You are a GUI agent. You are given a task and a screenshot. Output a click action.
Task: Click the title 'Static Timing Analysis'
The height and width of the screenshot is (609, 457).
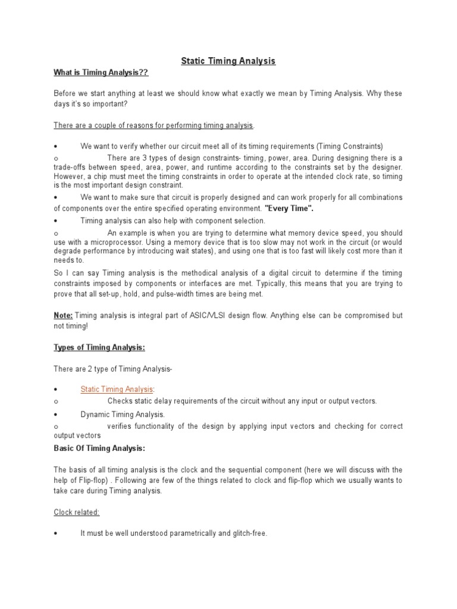pyautogui.click(x=228, y=61)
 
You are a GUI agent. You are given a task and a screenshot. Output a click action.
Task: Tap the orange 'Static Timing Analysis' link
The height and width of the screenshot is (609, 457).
pyautogui.click(x=117, y=389)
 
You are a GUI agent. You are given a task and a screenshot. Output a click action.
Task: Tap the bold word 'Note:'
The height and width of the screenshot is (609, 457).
pyautogui.click(x=63, y=315)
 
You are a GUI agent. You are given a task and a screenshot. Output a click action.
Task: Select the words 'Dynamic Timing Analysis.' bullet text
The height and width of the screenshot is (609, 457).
pyautogui.click(x=123, y=414)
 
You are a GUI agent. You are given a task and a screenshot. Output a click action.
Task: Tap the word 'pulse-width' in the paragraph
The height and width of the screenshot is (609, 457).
pyautogui.click(x=193, y=294)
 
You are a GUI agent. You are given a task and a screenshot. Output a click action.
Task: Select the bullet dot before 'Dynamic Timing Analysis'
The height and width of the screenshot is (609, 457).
pyautogui.click(x=55, y=415)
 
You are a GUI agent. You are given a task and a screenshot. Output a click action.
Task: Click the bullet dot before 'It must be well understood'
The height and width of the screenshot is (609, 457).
pyautogui.click(x=55, y=534)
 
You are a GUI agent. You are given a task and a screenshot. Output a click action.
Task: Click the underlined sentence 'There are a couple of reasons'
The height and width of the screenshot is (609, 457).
pyautogui.click(x=154, y=125)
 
